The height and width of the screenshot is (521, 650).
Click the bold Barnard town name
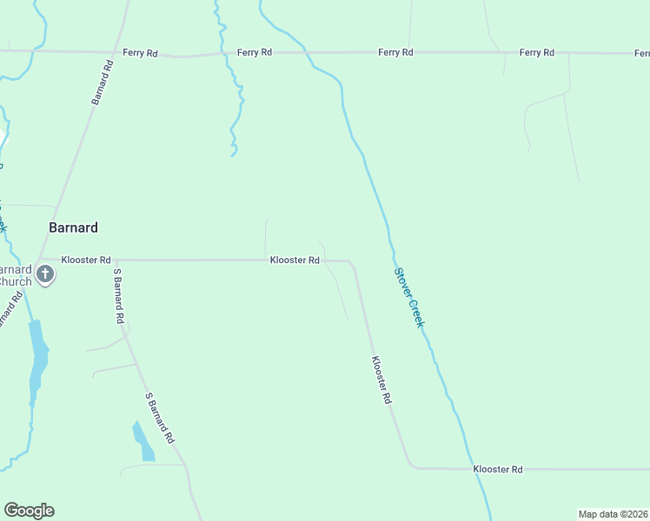[73, 228]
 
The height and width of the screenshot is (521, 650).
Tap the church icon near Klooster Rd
[45, 275]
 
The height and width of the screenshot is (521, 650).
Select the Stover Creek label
[409, 297]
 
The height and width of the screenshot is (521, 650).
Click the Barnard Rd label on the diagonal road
[103, 82]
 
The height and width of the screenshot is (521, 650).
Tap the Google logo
[29, 511]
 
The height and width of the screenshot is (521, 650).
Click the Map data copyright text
[613, 514]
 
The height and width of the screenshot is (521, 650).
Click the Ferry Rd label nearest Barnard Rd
[140, 53]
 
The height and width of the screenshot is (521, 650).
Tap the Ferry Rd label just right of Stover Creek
[395, 53]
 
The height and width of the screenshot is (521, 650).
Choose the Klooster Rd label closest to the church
[86, 260]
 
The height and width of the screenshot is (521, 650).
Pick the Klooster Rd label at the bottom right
[498, 469]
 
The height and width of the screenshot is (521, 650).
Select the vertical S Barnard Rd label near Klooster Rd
[118, 296]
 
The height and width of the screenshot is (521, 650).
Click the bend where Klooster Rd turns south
[350, 260]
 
